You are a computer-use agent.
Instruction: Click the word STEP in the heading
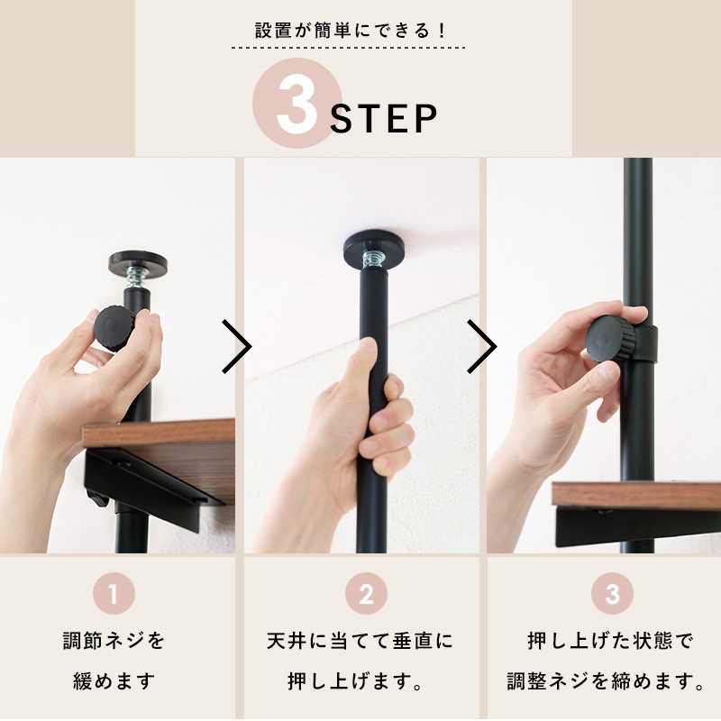click(x=384, y=119)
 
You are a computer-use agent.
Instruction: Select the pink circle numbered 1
click(x=114, y=595)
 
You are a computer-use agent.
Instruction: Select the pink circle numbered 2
click(x=366, y=595)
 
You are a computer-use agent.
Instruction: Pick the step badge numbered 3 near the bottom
click(x=612, y=595)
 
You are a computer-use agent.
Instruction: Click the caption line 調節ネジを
click(x=114, y=642)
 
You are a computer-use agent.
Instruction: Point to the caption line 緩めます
click(x=114, y=680)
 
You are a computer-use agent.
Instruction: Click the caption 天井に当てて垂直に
click(x=360, y=642)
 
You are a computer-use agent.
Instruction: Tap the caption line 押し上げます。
click(x=360, y=680)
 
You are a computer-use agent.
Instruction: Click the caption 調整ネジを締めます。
click(x=606, y=680)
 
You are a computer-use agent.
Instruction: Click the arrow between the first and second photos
click(x=237, y=346)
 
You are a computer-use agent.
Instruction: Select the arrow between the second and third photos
click(x=482, y=346)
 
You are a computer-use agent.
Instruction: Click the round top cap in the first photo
click(x=137, y=262)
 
